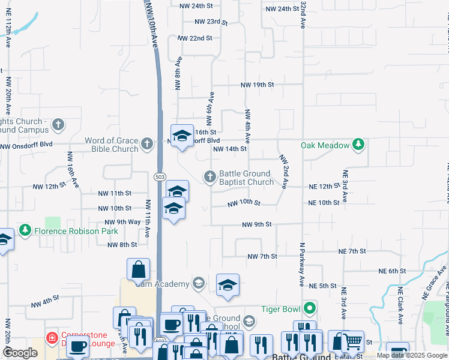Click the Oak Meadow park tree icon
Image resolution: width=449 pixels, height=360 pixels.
tap(358, 145)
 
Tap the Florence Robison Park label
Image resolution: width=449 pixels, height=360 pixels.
tap(76, 230)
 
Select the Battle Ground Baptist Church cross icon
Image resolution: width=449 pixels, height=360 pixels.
tap(209, 176)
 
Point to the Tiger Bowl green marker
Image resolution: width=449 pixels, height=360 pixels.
tap(310, 309)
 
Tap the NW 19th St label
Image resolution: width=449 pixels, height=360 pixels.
tap(257, 85)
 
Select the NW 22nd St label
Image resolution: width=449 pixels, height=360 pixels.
tap(194, 38)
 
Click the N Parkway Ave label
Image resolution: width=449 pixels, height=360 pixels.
tap(302, 265)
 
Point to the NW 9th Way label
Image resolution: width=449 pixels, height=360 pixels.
tap(125, 222)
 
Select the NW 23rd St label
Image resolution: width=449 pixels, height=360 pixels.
tap(211, 22)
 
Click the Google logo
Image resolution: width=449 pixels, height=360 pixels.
tap(20, 353)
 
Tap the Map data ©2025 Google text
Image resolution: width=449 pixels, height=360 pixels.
tap(412, 355)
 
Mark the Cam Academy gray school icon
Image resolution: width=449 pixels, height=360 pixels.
tap(198, 283)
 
